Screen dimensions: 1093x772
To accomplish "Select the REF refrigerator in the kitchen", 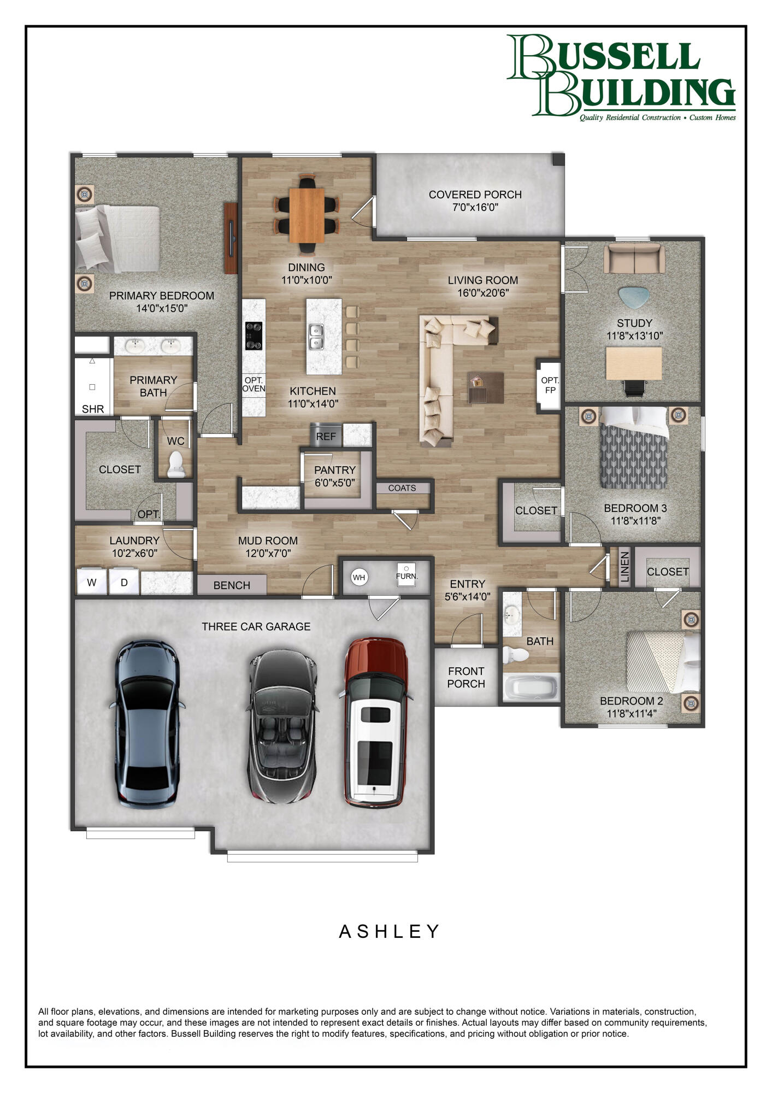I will tap(326, 436).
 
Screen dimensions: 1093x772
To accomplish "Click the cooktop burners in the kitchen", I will tap(254, 336).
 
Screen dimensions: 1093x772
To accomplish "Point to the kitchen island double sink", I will tap(316, 337).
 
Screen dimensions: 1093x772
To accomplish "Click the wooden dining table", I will tap(307, 215).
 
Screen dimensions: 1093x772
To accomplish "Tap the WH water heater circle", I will tap(359, 577).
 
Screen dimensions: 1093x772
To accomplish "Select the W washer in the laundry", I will tap(92, 583).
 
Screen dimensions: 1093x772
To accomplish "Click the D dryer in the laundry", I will tap(124, 583).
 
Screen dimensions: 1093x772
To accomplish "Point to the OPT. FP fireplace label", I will tap(550, 385).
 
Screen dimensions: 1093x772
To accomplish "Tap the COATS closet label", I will tap(402, 488).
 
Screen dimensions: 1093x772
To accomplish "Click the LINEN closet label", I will tap(625, 567).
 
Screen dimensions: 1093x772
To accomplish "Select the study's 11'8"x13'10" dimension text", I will tap(634, 336).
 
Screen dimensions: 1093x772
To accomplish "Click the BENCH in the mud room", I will tap(232, 585).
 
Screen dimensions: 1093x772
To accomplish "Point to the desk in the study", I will tap(634, 363).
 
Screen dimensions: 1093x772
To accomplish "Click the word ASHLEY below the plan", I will tap(389, 931).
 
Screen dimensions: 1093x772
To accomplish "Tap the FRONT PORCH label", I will tap(466, 677).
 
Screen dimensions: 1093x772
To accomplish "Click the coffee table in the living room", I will tap(486, 387).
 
